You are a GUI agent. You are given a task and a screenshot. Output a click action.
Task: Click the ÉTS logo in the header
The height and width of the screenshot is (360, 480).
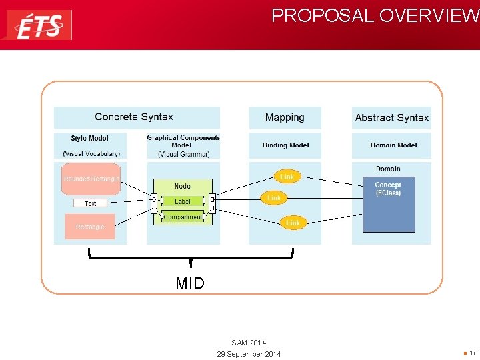(39, 25)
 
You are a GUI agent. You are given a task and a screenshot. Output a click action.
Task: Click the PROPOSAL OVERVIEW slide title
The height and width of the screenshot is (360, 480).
(375, 15)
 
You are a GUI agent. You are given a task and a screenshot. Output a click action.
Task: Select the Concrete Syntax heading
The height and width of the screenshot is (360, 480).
(134, 117)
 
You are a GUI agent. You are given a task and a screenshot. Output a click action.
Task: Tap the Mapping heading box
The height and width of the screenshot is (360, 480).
(285, 118)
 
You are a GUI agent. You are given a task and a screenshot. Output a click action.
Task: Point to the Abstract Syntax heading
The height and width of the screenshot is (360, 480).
(391, 118)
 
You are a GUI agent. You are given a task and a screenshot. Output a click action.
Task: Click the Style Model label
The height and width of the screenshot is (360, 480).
(89, 139)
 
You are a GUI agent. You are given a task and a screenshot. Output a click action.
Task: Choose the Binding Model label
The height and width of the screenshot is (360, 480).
(285, 145)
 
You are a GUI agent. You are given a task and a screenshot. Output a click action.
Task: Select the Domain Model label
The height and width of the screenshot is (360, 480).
(393, 145)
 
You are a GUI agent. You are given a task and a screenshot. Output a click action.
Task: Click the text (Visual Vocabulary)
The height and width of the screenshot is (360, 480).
(91, 154)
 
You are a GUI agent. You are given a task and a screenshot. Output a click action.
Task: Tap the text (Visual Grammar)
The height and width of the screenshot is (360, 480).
(183, 154)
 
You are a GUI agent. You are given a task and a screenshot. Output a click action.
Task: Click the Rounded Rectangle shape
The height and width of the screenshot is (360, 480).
(91, 179)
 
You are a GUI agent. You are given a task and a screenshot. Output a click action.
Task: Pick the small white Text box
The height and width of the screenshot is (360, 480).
(90, 203)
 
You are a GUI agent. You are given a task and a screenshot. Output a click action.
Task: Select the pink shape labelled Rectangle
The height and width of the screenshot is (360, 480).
(90, 227)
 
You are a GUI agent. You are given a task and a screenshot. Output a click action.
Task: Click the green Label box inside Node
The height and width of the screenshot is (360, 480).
(182, 201)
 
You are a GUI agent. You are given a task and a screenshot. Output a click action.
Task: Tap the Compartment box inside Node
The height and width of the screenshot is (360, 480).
(182, 217)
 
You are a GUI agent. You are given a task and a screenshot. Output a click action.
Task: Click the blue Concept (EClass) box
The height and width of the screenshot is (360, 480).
(388, 204)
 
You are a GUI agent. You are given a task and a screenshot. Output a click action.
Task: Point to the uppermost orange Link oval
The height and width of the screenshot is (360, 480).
(287, 177)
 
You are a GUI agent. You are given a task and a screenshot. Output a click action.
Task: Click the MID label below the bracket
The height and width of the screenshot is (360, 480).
(190, 283)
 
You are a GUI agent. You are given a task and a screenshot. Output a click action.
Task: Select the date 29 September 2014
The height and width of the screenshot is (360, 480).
(249, 354)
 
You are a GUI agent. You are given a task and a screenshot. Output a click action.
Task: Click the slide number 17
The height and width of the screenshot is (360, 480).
(472, 353)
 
